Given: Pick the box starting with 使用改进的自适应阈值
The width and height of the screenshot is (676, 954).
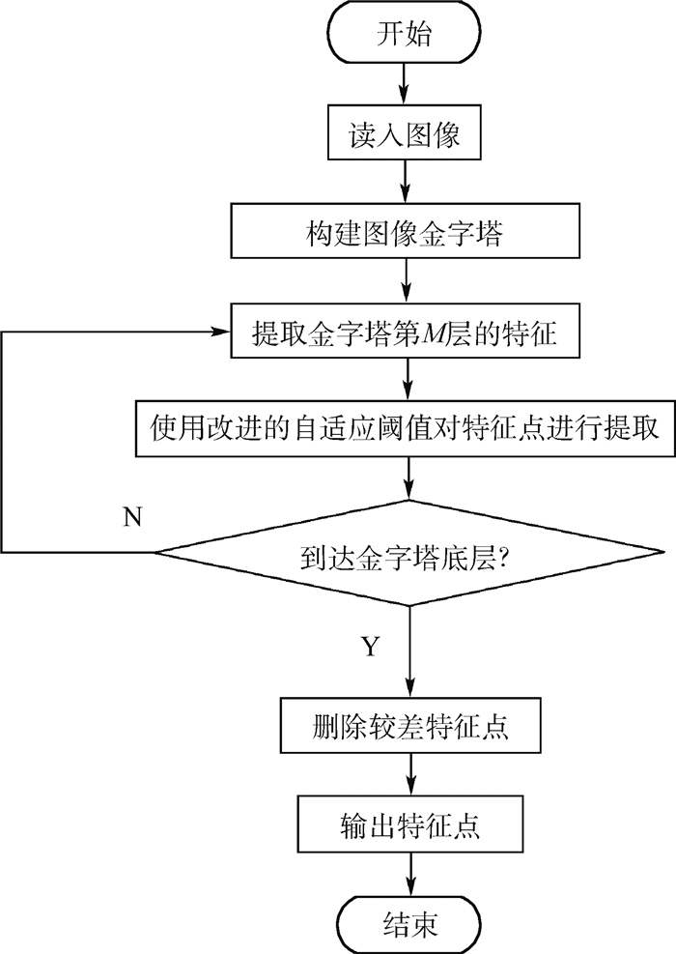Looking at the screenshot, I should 405,427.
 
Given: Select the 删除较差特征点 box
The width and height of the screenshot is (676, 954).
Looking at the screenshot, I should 410,726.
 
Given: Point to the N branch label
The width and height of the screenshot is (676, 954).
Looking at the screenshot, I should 132,516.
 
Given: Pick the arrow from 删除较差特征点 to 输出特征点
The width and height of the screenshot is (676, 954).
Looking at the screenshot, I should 410,775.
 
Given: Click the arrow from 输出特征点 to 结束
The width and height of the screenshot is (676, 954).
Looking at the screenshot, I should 410,874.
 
